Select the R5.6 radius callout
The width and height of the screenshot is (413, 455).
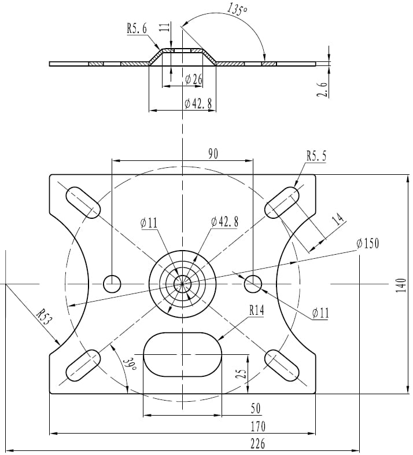point(137,28)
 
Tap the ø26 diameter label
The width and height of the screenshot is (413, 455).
point(193,79)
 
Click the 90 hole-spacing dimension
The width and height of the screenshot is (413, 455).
point(213,153)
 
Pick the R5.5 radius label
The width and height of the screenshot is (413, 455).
point(316,156)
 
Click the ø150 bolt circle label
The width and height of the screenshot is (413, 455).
point(367,243)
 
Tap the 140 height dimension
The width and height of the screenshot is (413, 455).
point(401,285)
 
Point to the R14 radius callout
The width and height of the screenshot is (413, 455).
point(257,311)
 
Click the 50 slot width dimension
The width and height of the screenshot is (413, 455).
point(255,409)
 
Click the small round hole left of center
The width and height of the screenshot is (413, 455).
point(112,284)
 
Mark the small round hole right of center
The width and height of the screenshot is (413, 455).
point(253,284)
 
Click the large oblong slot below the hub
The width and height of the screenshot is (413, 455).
point(182,354)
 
